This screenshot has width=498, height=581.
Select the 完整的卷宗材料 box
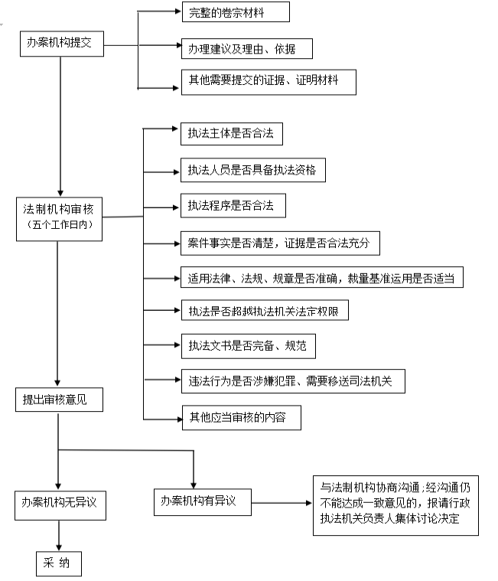(x=234, y=13)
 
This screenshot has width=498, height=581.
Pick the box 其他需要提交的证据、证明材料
(x=268, y=81)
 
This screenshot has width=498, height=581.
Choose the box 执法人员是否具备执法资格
(x=251, y=171)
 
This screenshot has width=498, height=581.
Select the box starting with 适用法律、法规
(x=321, y=277)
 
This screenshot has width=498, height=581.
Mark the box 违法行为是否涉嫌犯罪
(x=290, y=380)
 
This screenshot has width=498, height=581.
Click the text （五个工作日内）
(x=59, y=226)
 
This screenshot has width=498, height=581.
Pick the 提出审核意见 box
(x=57, y=399)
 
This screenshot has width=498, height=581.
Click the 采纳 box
(x=57, y=563)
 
